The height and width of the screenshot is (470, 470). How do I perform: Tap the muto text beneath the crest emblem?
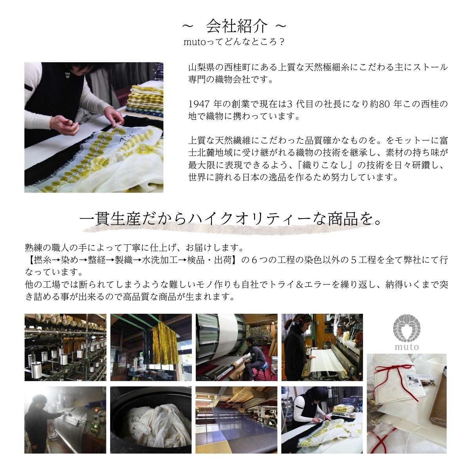click(406, 347)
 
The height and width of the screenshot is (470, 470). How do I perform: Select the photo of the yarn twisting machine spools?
click(65, 347)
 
